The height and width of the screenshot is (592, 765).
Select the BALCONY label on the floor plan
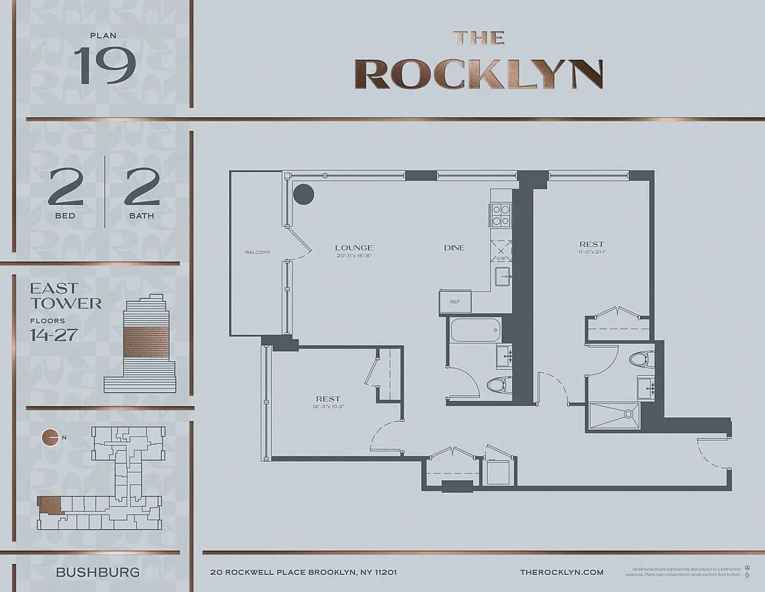(257, 252)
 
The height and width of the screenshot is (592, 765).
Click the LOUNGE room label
(353, 248)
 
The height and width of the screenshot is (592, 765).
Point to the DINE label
(454, 248)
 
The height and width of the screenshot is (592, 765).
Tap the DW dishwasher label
(502, 259)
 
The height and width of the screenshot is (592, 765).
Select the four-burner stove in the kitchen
(501, 215)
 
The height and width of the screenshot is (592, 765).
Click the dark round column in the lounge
(304, 195)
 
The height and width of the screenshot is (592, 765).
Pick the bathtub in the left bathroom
(475, 330)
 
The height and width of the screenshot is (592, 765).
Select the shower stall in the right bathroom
(613, 417)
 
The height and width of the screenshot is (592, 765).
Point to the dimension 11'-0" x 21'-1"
(591, 252)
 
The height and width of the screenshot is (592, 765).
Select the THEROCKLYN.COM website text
(562, 572)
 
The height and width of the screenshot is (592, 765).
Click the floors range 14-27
(54, 334)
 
